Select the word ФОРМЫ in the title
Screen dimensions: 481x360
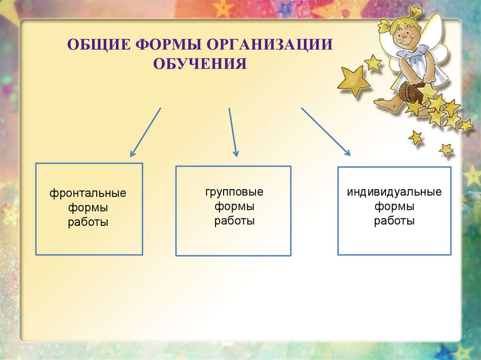click(168, 45)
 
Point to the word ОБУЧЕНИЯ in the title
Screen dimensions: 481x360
click(200, 64)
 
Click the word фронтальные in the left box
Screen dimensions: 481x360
click(88, 193)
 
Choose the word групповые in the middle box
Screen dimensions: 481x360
click(234, 192)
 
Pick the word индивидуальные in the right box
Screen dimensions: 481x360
click(394, 192)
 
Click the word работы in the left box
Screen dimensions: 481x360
click(88, 222)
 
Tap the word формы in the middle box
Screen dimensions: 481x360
click(234, 207)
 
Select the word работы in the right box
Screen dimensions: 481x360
click(394, 221)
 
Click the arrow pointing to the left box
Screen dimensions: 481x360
click(146, 132)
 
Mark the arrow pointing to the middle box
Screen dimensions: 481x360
click(233, 132)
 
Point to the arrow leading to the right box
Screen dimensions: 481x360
click(326, 131)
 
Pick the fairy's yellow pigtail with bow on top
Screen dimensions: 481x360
click(416, 12)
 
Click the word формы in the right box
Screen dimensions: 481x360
click(394, 207)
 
